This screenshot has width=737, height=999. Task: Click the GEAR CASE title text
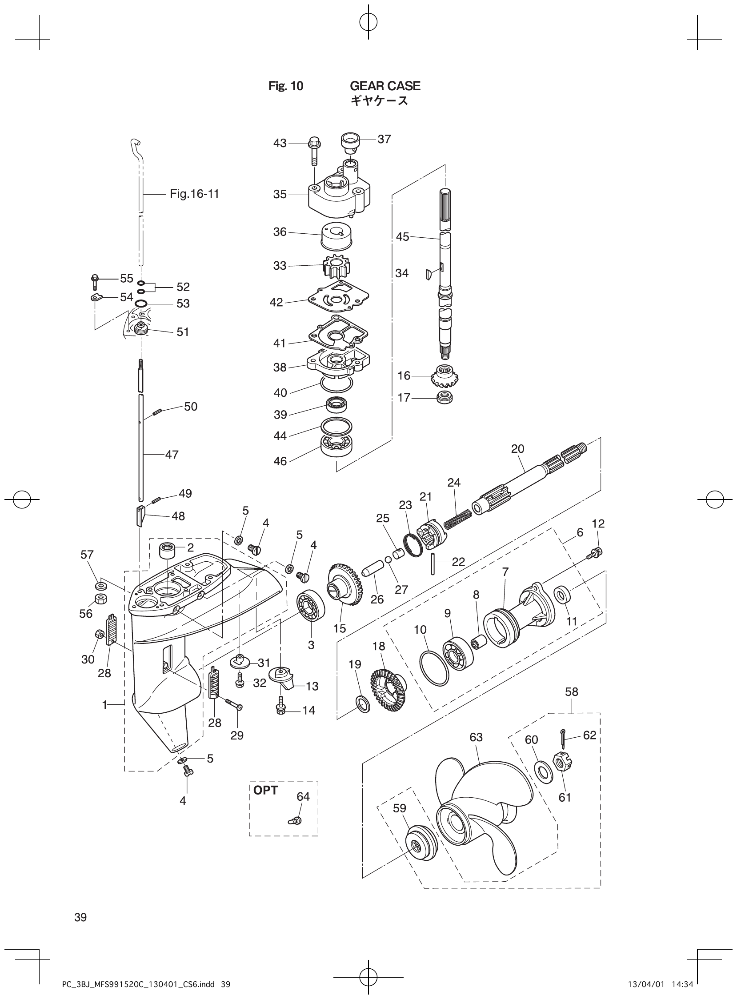[385, 86]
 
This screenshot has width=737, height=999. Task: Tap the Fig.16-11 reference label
[195, 194]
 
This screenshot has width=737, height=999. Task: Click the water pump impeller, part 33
[335, 266]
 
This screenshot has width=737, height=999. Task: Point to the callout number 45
[402, 237]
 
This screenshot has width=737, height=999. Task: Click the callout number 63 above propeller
[476, 737]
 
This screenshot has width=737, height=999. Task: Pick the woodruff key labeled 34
[427, 274]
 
